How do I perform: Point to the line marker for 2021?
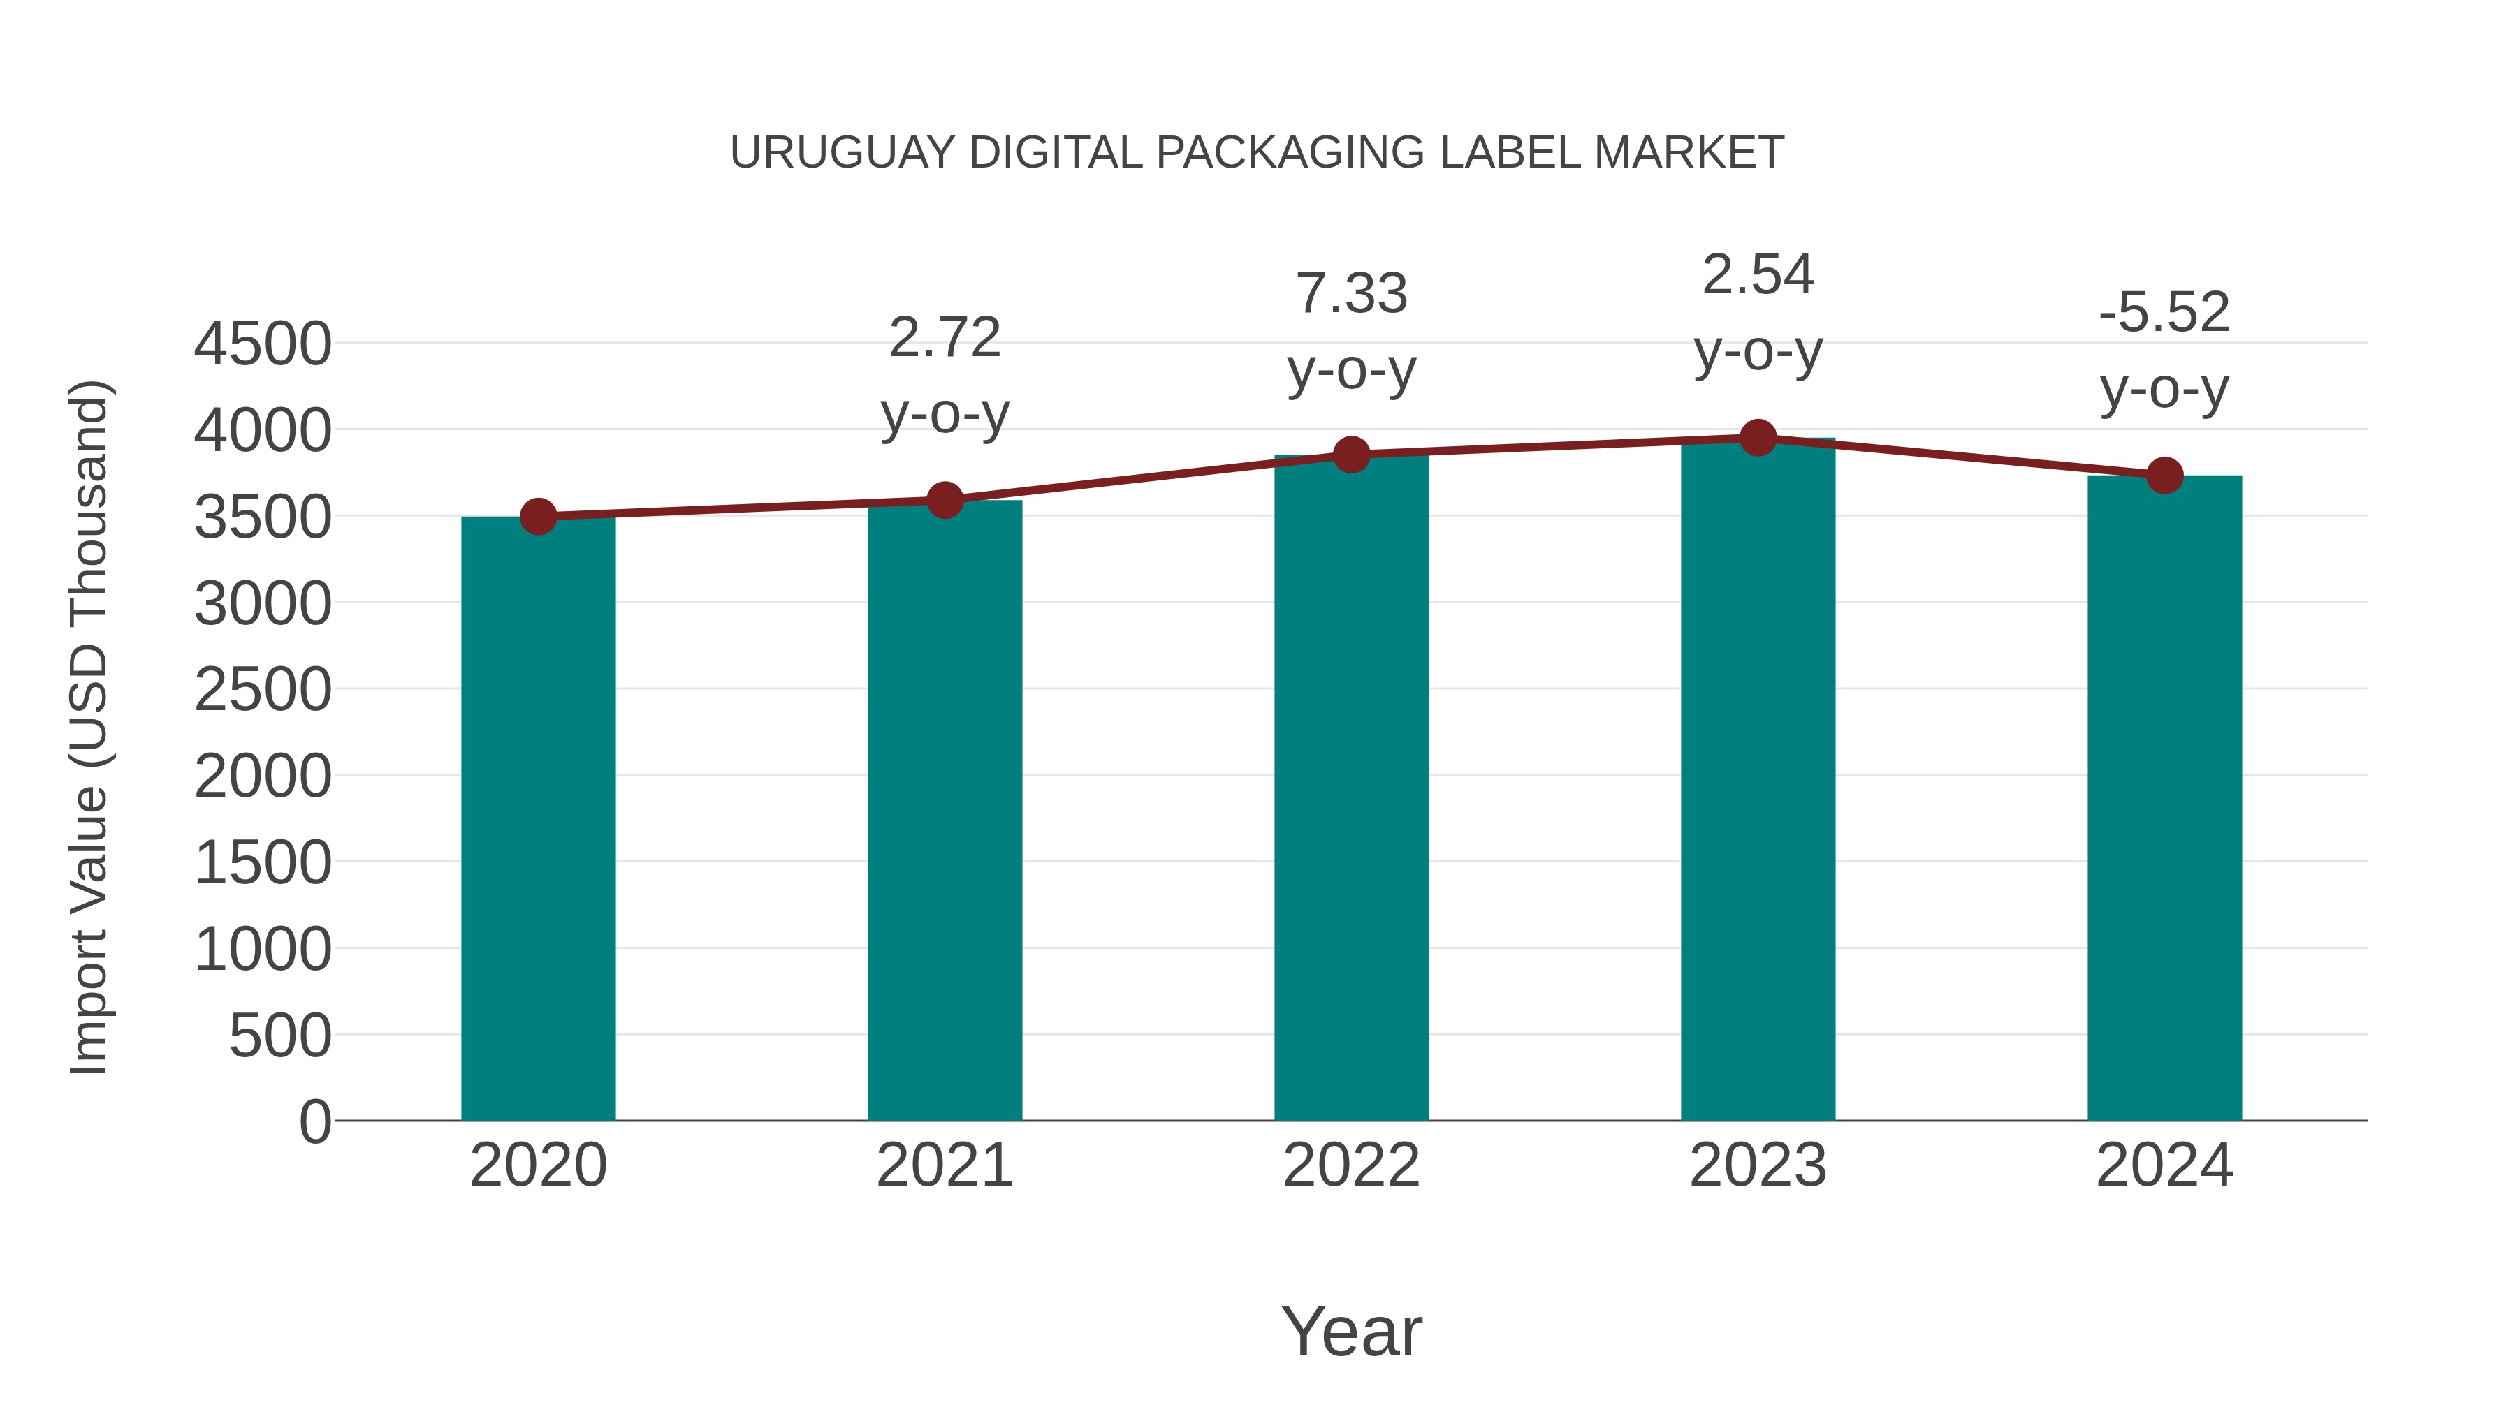coord(944,501)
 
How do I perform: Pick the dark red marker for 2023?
coord(1758,438)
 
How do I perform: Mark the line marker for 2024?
coord(2164,476)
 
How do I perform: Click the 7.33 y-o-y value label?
coord(1351,294)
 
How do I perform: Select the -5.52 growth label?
coord(2164,314)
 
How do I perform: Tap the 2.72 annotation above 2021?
coord(944,339)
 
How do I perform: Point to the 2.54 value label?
coord(1758,275)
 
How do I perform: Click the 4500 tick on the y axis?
coord(263,344)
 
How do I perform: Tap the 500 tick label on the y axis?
coord(280,1036)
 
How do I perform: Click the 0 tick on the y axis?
coord(314,1121)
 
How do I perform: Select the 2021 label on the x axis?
coord(944,1165)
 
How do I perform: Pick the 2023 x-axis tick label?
coord(1758,1165)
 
